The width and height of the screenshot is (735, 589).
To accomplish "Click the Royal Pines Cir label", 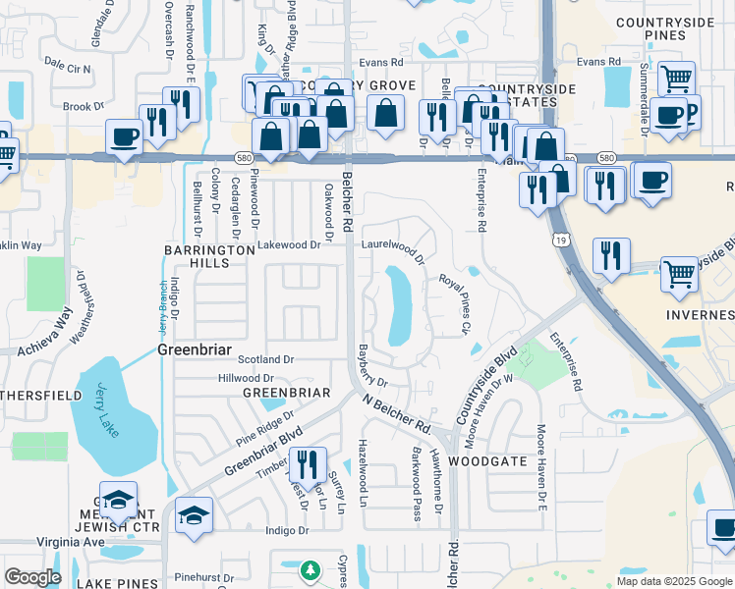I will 455,302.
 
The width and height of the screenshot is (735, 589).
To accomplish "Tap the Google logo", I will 32,577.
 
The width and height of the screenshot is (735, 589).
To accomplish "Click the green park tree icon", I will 311,570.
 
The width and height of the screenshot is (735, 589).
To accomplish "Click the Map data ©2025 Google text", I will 672,581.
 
